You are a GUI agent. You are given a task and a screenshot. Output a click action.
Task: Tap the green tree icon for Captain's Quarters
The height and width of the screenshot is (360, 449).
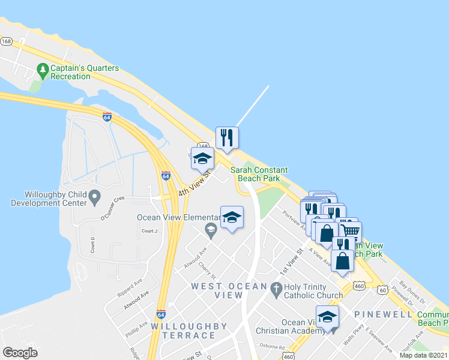point(43,71)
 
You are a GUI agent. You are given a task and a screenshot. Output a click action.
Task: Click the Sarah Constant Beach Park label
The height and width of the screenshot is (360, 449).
point(259,174)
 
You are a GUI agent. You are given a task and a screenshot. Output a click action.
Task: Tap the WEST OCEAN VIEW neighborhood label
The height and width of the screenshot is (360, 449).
point(217,290)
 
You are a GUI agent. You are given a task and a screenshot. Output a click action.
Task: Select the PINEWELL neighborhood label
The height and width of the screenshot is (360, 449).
point(383,314)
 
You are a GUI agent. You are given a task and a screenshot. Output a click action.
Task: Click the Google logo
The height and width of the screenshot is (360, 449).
point(20,352)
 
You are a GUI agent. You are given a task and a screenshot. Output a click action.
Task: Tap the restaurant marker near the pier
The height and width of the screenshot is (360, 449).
point(227,138)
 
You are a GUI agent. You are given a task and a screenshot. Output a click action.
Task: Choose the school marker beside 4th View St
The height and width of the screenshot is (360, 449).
point(202,158)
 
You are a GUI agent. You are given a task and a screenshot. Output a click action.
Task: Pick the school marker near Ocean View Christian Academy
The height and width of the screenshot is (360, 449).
point(327,317)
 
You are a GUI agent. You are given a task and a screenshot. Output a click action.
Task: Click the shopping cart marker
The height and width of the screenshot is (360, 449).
point(351,230)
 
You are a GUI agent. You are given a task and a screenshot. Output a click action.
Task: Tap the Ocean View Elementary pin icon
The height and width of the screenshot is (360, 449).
point(211,229)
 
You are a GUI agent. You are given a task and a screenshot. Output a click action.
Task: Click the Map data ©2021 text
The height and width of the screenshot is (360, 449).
point(423,355)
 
